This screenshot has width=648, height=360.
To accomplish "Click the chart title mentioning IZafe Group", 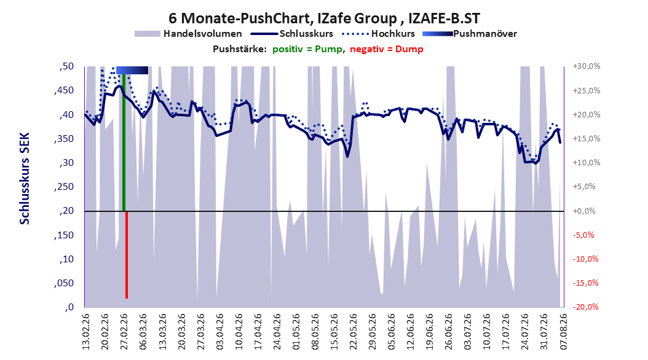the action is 325,18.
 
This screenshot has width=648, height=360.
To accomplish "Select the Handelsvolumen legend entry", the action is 188,34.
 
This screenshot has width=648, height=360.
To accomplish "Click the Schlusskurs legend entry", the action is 292,34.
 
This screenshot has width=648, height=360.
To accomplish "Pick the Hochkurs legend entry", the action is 378,34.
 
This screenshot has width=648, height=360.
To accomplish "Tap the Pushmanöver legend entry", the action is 470,34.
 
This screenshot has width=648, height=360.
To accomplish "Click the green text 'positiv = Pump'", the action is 307,49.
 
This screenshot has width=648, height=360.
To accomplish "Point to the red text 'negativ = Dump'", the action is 387,49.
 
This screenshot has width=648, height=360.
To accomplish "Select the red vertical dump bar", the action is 127,255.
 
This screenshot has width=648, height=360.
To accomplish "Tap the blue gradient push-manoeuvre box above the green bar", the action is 132,70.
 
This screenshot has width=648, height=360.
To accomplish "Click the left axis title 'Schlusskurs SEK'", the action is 25,178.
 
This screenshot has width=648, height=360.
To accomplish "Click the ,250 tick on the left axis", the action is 64,187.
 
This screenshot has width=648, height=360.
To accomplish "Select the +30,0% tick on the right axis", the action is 587,66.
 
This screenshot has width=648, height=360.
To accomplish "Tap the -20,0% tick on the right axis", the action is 585,307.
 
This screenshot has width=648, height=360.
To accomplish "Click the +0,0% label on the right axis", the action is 584,211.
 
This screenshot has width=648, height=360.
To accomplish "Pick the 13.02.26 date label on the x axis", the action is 86,332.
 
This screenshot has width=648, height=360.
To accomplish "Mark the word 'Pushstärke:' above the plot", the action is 240,49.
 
